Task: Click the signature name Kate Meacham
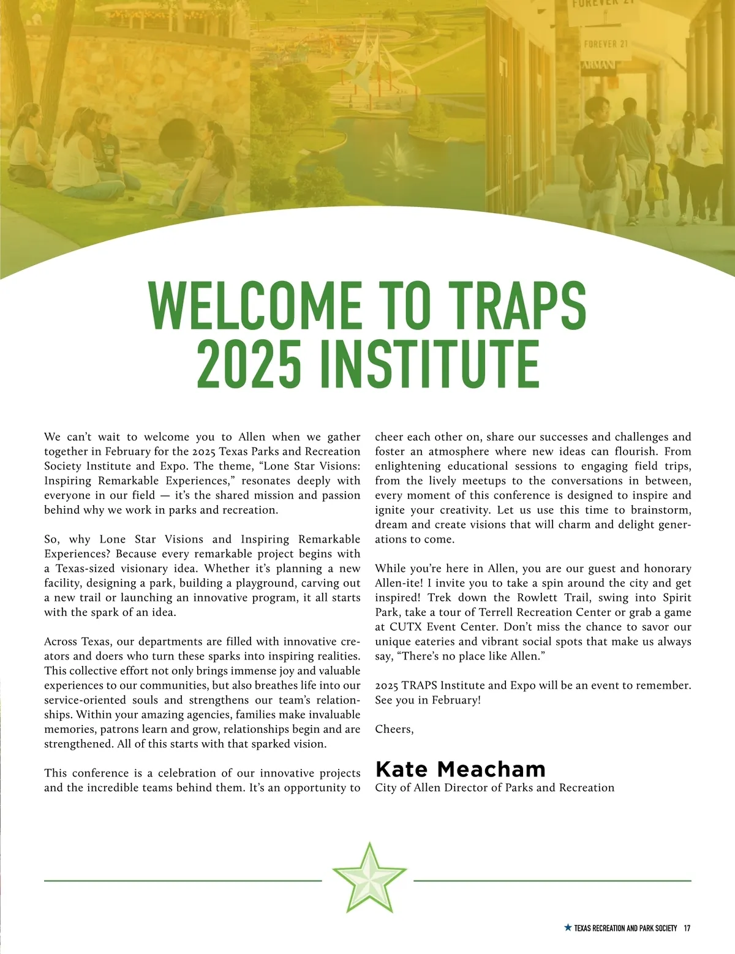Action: click(x=460, y=769)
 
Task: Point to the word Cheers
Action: click(x=394, y=729)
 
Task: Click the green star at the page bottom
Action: click(x=369, y=878)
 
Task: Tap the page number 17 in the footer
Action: click(x=687, y=928)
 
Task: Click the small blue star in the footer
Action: click(x=567, y=928)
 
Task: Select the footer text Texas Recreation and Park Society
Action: click(x=625, y=928)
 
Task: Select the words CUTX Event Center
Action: click(x=437, y=627)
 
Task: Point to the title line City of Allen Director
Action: click(x=494, y=788)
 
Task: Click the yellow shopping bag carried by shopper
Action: click(x=654, y=183)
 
